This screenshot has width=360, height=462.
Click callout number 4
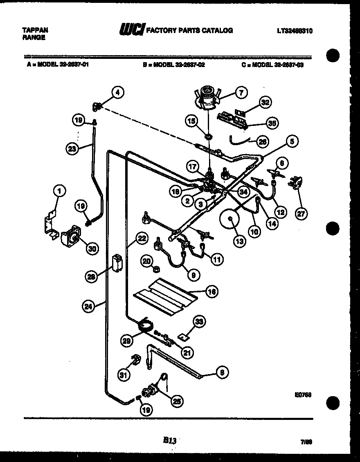[x=117, y=93]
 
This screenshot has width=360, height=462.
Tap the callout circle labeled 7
[x=241, y=93]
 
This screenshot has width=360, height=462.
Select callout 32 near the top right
[x=265, y=103]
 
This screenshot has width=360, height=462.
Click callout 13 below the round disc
[x=240, y=241]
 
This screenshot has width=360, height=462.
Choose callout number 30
[x=92, y=248]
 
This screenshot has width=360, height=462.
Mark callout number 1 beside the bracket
[x=60, y=190]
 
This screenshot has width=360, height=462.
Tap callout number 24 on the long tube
[x=89, y=305]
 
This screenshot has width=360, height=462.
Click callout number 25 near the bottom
[x=177, y=401]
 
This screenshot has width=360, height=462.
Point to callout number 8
[x=221, y=372]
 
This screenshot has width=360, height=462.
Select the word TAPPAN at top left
[x=34, y=30]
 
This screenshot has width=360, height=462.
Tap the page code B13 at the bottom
[x=169, y=440]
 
